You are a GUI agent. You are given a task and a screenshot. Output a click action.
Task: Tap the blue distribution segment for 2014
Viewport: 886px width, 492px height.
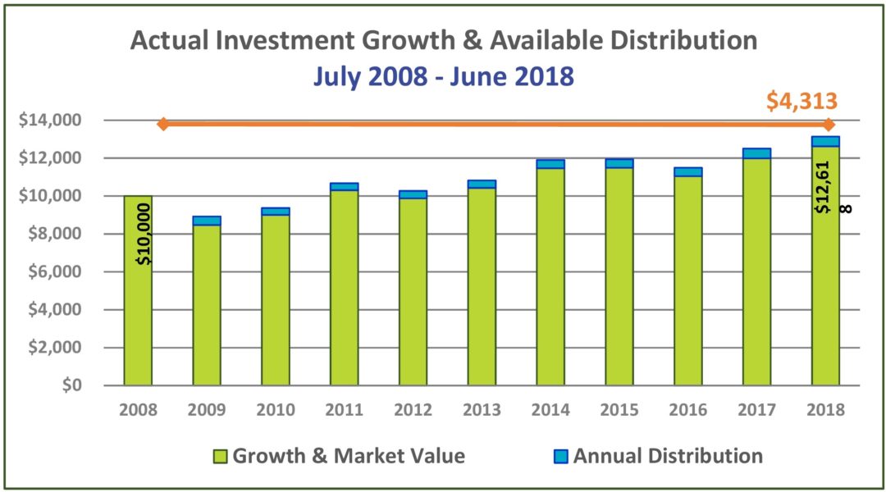(x=550, y=164)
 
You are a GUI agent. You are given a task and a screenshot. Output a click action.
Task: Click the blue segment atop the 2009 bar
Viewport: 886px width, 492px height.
(x=207, y=221)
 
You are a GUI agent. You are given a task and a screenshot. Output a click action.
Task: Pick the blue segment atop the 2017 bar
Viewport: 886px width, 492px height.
(x=756, y=153)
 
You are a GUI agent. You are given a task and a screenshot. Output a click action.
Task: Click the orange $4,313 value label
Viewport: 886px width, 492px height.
(x=802, y=101)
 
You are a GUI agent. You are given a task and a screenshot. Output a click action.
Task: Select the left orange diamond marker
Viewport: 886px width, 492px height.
(x=163, y=124)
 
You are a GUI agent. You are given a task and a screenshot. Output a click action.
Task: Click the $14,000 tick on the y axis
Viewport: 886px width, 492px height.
(x=51, y=121)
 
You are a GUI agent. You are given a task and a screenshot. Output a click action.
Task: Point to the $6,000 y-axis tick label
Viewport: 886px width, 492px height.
(x=55, y=272)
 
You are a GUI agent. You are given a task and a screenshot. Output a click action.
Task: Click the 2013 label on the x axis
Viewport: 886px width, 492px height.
(x=482, y=411)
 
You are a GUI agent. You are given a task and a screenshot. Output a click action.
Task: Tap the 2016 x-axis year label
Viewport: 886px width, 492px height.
(x=687, y=411)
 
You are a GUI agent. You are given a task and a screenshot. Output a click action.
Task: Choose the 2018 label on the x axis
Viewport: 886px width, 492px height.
(x=824, y=411)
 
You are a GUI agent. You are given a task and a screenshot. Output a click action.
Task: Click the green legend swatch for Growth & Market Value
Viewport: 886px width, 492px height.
(x=220, y=457)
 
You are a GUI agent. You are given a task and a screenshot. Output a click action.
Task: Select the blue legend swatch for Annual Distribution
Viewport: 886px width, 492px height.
(x=561, y=457)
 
